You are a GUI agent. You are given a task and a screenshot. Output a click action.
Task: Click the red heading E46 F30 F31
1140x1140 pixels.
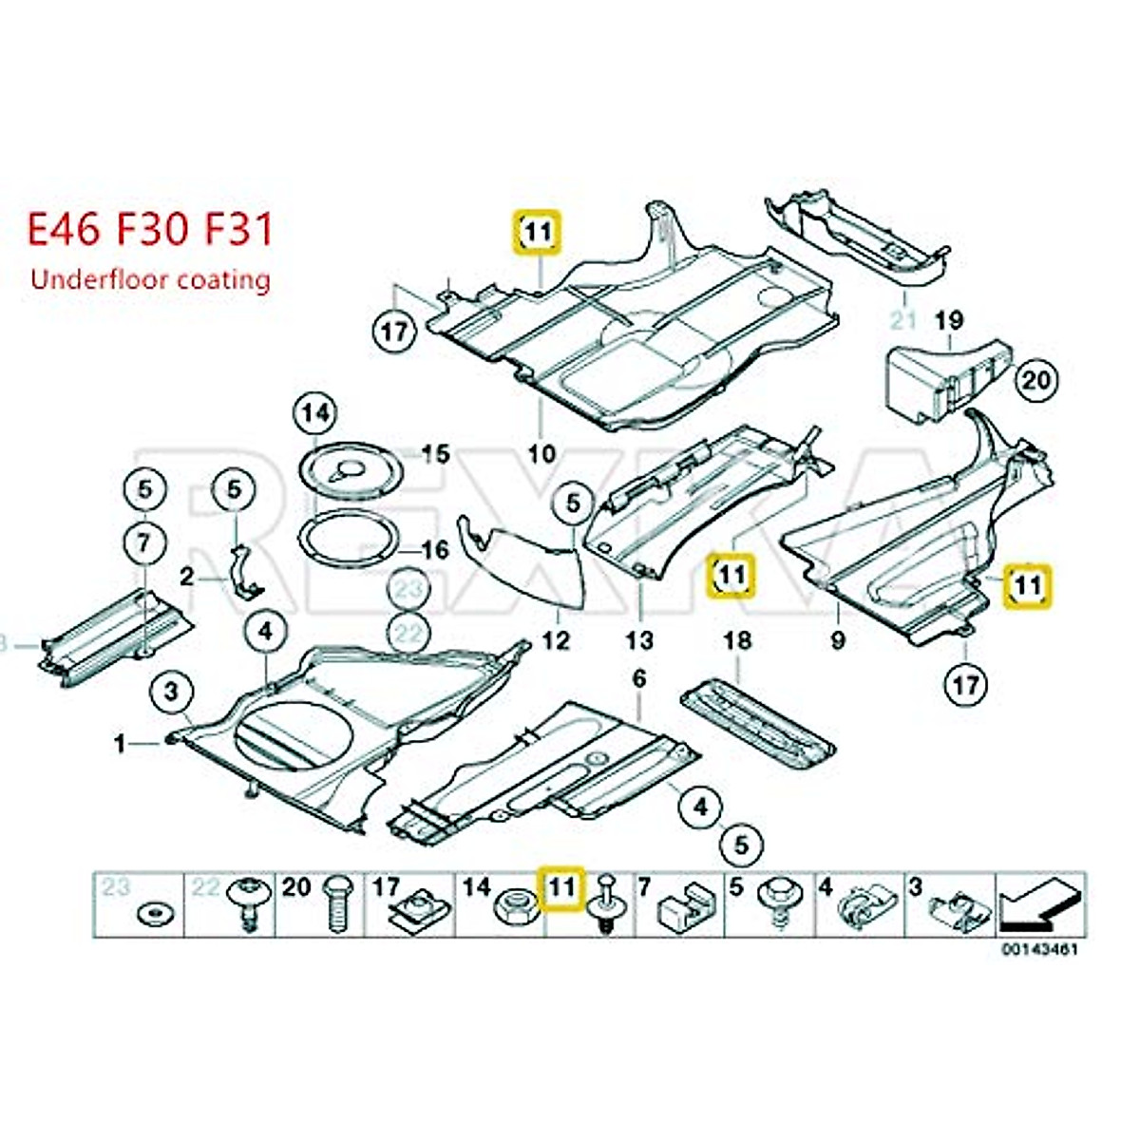point(150,231)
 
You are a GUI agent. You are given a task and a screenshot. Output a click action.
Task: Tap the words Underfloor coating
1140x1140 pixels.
point(150,279)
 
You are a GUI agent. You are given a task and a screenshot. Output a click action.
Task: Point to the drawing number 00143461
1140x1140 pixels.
point(1039,949)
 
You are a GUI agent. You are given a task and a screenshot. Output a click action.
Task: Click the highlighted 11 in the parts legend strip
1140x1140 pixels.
point(562,888)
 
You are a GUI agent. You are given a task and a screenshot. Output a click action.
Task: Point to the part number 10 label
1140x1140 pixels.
point(541,453)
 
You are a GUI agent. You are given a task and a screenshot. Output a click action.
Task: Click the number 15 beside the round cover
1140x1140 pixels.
point(435,454)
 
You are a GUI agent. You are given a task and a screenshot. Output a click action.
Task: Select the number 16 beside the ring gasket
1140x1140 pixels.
point(435,550)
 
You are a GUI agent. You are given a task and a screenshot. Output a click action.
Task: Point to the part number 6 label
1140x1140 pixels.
point(638,678)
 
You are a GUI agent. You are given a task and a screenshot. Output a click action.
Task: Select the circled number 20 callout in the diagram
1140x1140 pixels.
point(1035,380)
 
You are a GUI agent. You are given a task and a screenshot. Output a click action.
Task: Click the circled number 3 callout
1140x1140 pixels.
point(171,693)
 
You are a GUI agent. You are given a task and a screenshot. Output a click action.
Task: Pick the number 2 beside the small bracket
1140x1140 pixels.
point(187,576)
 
